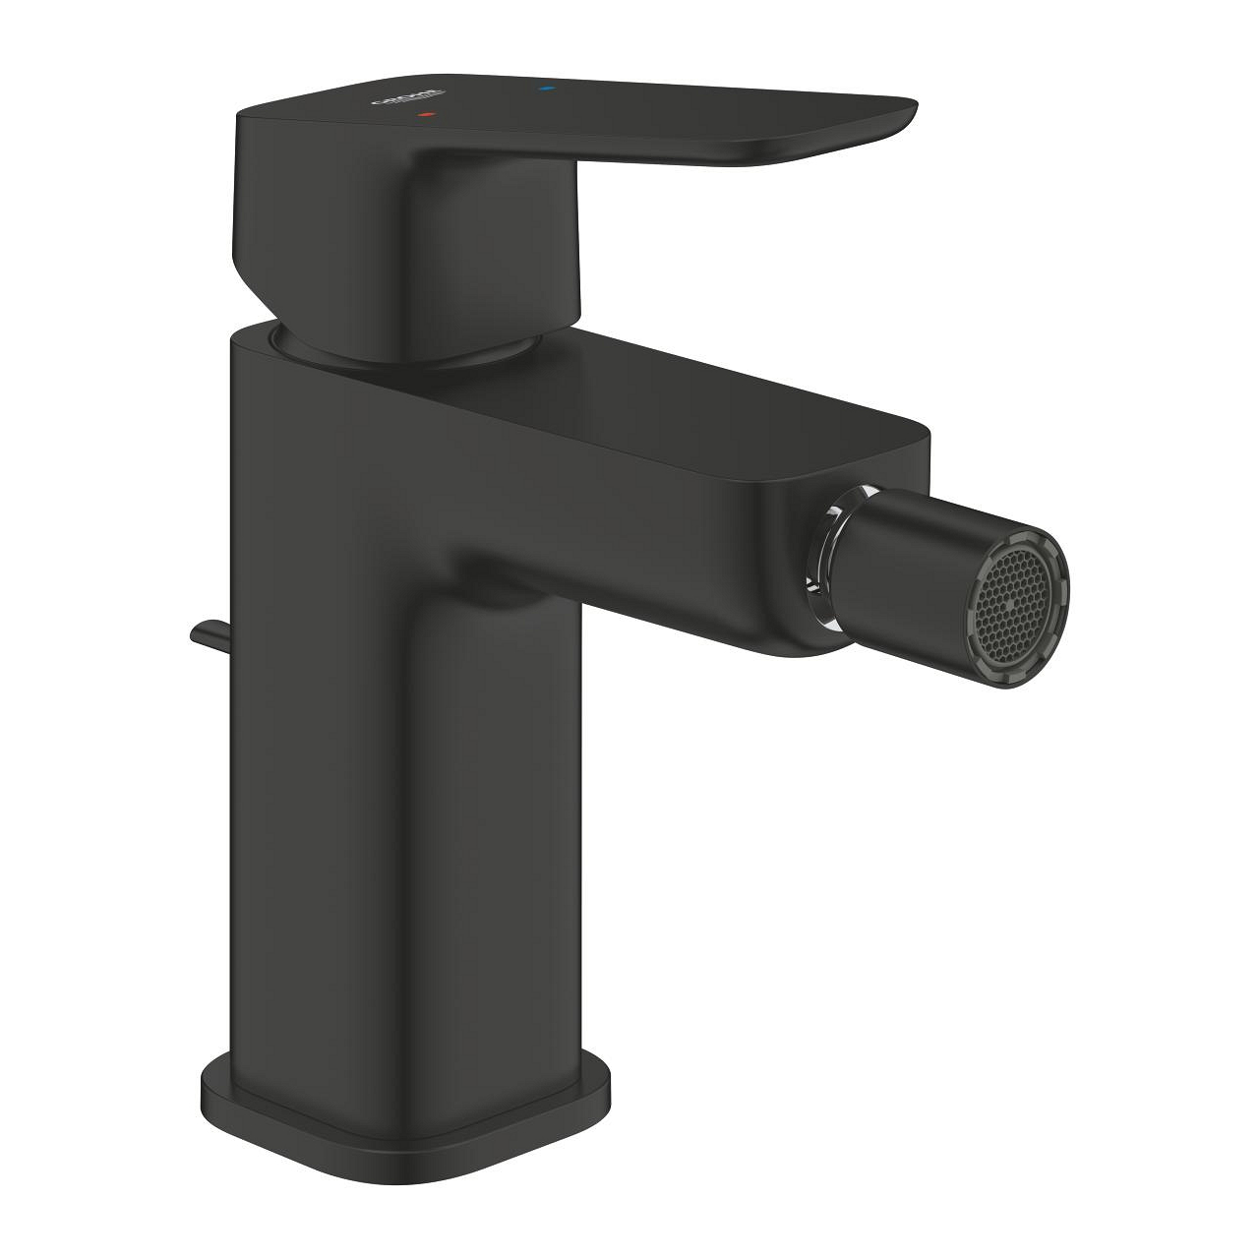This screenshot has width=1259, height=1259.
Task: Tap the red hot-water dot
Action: [425, 115]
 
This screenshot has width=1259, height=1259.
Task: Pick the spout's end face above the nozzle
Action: [875, 492]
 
